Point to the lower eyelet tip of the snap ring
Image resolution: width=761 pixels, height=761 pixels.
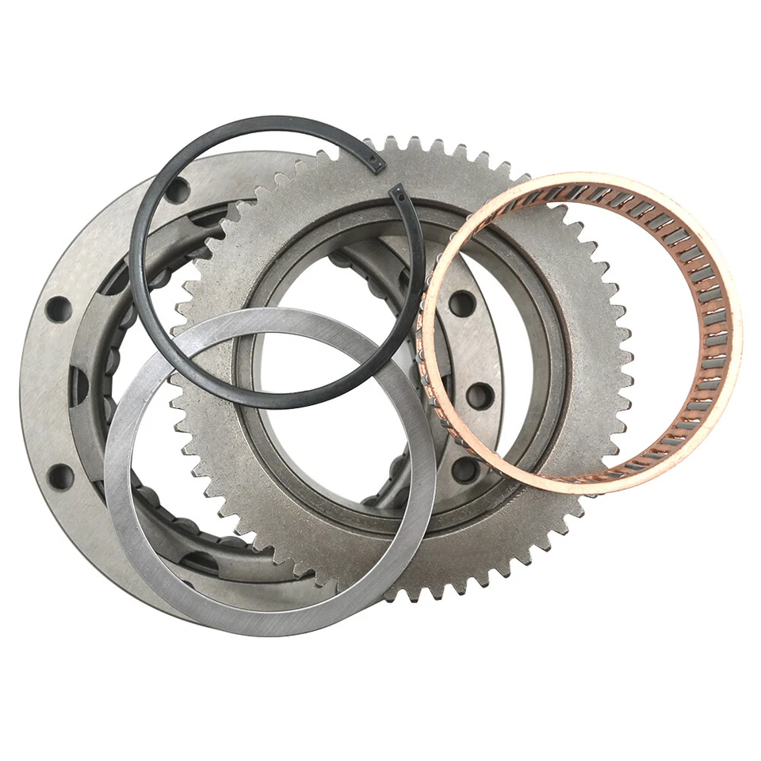coord(399,193)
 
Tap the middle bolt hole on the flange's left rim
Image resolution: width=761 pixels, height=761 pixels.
coord(58,309)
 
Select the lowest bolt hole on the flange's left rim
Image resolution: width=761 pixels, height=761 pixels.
coord(60,476)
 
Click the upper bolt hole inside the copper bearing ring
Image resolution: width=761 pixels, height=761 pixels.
coord(461,303)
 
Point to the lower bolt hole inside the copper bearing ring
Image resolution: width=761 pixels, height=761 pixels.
coord(480,394)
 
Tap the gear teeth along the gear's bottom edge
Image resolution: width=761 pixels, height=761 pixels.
coord(412,591)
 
